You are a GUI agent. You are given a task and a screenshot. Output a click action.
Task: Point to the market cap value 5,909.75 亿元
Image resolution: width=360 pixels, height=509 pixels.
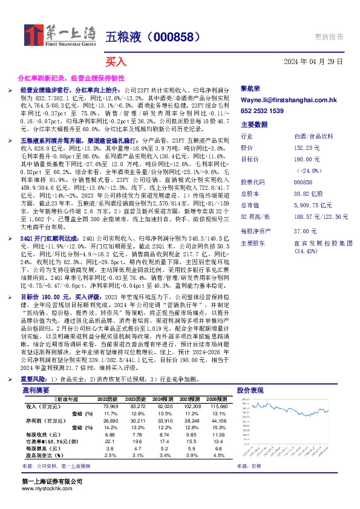[311, 204]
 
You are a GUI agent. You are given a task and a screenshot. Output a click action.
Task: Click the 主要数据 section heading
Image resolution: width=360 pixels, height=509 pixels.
[254, 124]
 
